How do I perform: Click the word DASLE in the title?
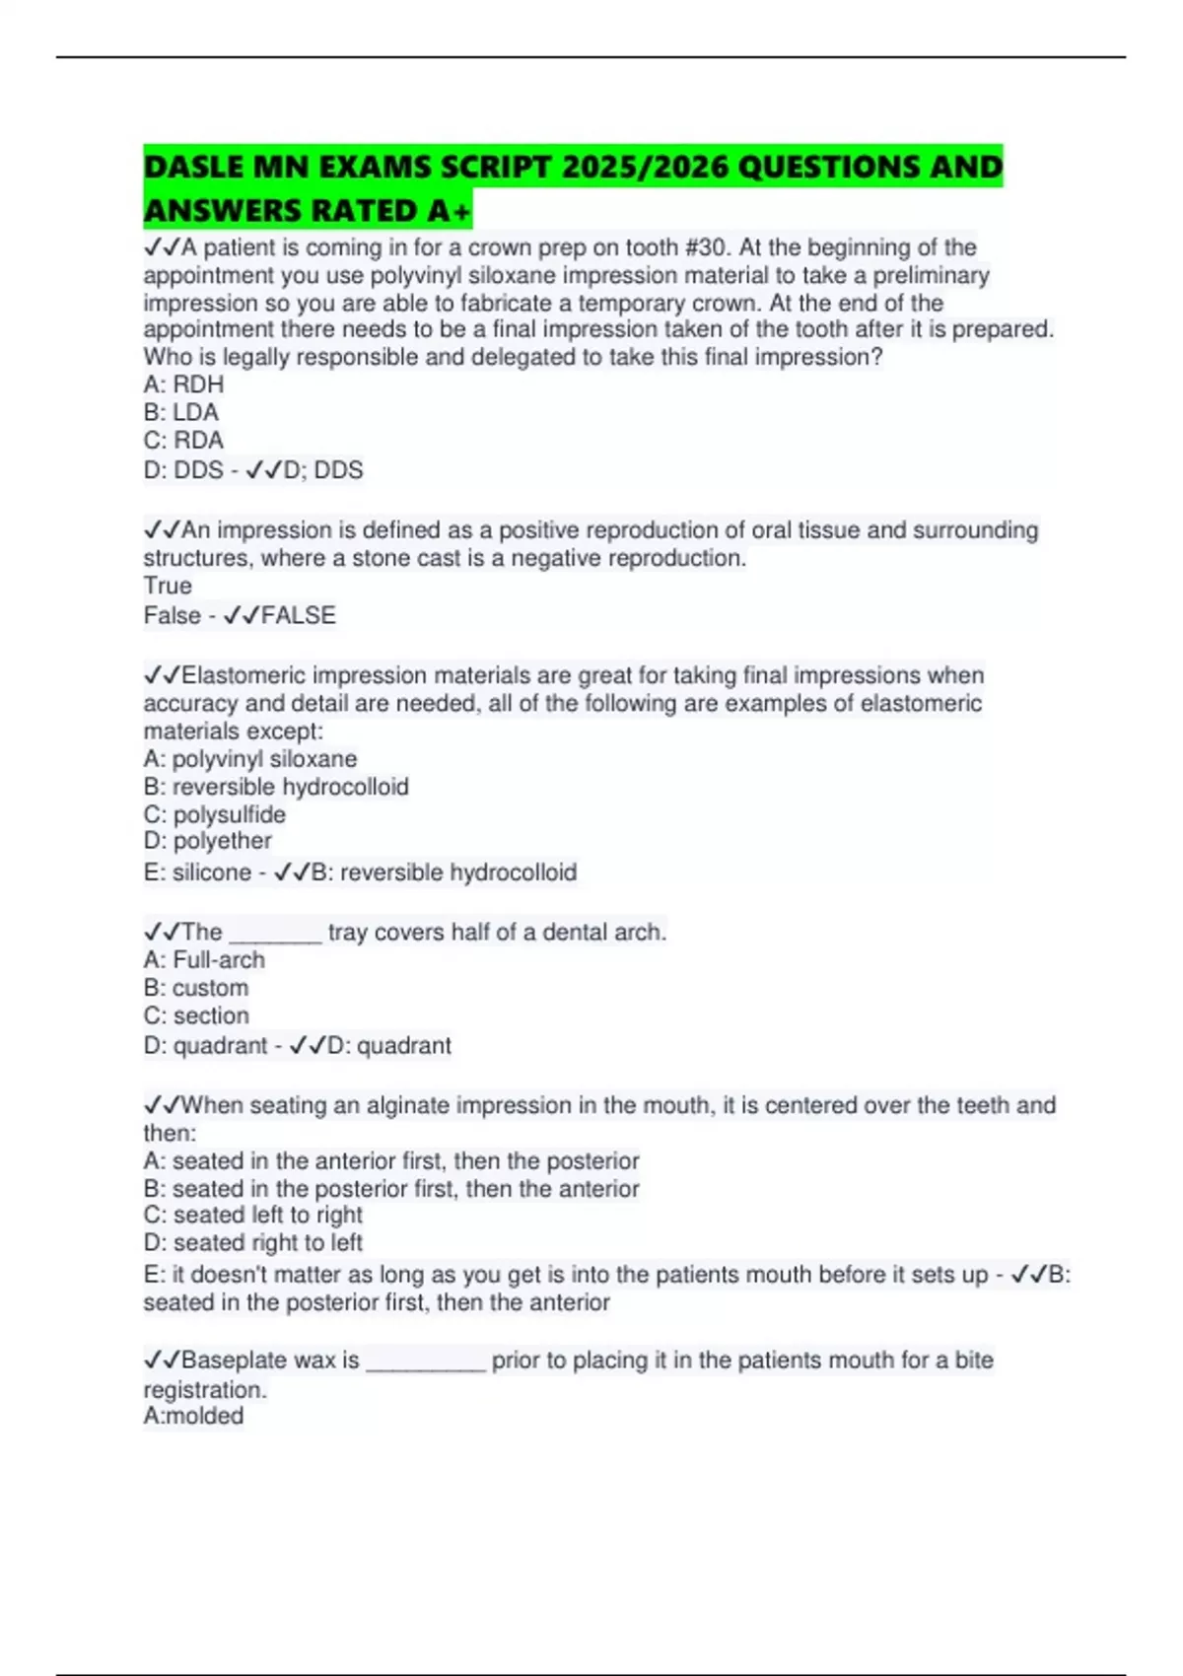[x=193, y=167]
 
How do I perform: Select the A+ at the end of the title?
[x=450, y=211]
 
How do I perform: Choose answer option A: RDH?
[x=183, y=384]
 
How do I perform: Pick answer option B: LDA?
[x=181, y=412]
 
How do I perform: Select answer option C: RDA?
[x=183, y=440]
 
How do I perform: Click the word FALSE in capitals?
[x=298, y=615]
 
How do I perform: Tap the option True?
[x=168, y=586]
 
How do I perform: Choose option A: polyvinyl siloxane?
[x=250, y=759]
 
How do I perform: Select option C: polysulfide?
[x=215, y=814]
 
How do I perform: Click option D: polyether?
[x=208, y=841]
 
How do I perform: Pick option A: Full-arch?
[x=204, y=960]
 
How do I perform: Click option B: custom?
[x=196, y=988]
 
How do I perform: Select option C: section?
[x=196, y=1015]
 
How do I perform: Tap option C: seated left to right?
[x=253, y=1215]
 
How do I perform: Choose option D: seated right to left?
[x=253, y=1242]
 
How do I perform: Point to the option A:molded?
[x=193, y=1416]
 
